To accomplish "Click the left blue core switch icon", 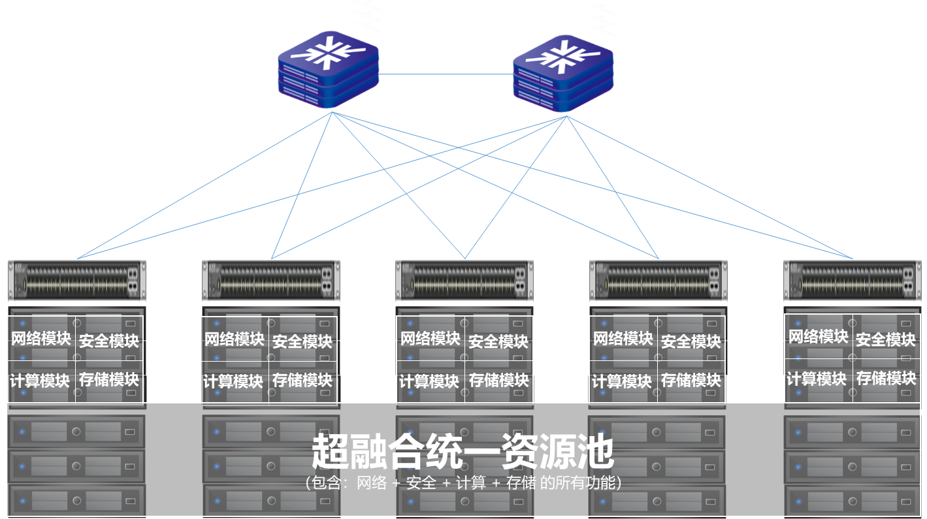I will [x=328, y=70].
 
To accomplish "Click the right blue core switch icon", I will [x=563, y=73].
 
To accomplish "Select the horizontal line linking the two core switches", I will [x=446, y=74].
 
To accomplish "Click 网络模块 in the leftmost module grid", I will [x=41, y=339].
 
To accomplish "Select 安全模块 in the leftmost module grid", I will [x=109, y=341].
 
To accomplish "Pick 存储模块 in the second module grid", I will [x=302, y=380].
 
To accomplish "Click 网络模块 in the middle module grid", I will [x=431, y=339].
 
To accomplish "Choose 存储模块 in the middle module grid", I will [x=498, y=380].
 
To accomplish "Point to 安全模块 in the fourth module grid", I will [x=691, y=341].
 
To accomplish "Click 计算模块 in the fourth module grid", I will [x=621, y=381].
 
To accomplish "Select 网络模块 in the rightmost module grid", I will [x=818, y=337].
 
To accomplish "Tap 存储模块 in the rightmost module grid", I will [x=886, y=378].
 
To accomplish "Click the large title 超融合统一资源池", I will [x=463, y=451].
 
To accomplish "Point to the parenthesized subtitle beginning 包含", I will [x=463, y=483].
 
